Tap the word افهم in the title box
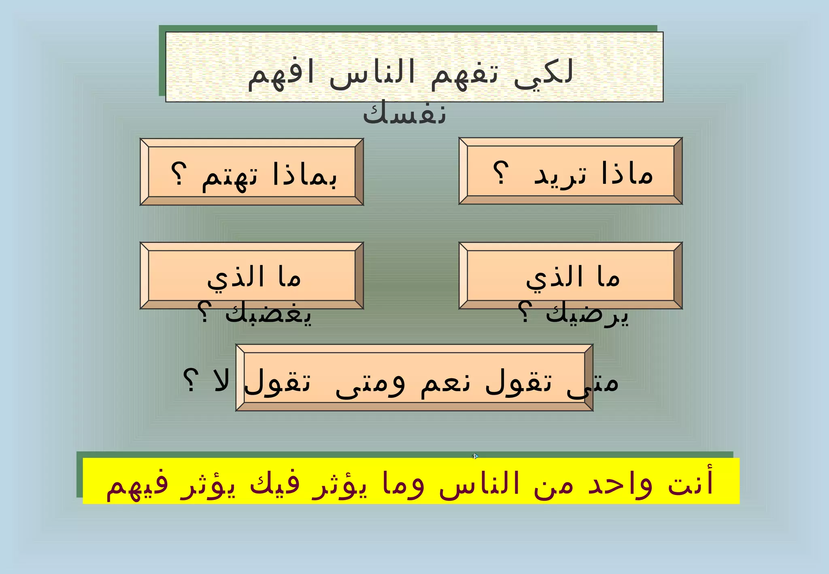point(281,74)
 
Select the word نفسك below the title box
point(404,113)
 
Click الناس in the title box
point(372,74)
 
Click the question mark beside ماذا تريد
point(501,173)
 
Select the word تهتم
point(230,177)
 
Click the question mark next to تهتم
point(179,174)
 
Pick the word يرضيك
point(587,313)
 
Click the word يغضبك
point(268,313)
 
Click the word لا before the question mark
point(221,381)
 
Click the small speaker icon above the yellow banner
point(475,456)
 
